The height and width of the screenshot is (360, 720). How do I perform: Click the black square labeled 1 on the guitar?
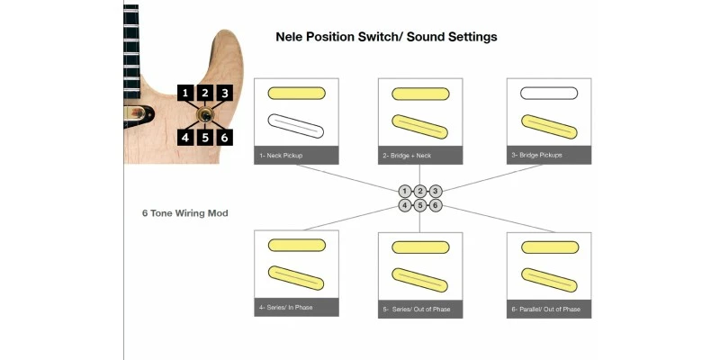185,94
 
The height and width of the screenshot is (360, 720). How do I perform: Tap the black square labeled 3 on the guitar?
224,94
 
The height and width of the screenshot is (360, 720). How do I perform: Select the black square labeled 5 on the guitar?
205,138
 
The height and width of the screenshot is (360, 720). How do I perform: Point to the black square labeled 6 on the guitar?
224,138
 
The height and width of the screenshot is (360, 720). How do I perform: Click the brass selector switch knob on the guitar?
205,115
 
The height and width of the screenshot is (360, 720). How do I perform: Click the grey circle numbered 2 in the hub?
420,192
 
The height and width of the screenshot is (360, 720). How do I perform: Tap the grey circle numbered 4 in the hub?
404,205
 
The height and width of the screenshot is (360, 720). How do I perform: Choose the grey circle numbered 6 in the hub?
436,205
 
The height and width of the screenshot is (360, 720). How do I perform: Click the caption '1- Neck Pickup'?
281,156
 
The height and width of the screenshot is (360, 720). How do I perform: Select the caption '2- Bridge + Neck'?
408,156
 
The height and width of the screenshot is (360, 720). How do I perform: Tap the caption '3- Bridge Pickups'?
536,155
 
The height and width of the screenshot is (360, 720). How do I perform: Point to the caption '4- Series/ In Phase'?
285,307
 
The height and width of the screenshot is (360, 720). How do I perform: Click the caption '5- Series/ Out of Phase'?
417,309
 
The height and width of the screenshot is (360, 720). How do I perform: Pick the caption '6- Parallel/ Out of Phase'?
546,309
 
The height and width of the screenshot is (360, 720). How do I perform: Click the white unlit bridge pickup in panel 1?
296,126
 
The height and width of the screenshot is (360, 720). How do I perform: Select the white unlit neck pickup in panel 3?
549,94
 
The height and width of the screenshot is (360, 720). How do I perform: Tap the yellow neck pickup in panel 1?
297,94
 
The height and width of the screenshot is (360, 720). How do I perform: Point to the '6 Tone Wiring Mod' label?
185,213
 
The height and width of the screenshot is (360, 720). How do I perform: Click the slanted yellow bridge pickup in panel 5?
419,280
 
